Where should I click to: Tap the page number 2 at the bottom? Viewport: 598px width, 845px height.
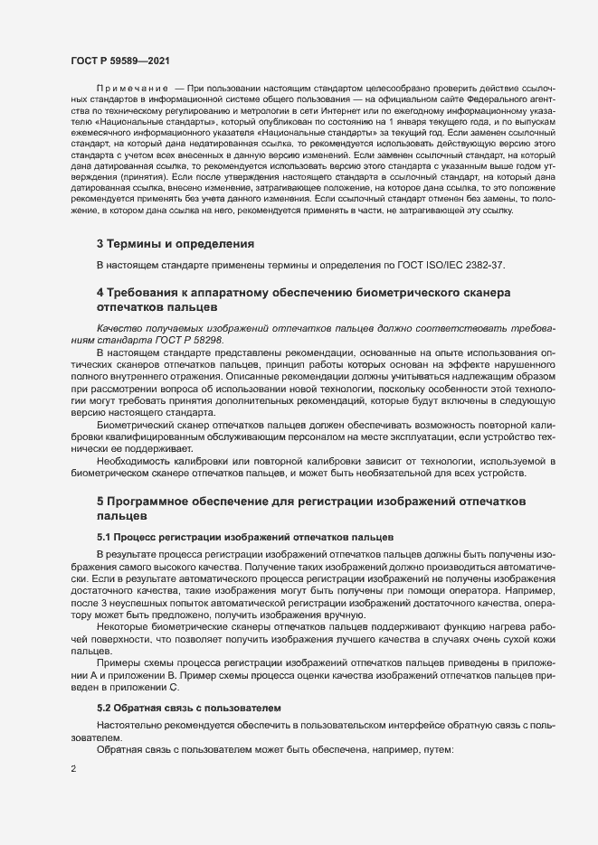point(73,769)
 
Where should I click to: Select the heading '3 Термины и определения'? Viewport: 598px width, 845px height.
point(175,244)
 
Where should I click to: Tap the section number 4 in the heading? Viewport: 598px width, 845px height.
point(100,293)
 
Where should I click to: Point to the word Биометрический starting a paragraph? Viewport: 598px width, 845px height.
point(138,424)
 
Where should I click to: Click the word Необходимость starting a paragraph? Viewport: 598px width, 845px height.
point(136,459)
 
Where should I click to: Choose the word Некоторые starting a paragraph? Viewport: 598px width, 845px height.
point(123,624)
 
